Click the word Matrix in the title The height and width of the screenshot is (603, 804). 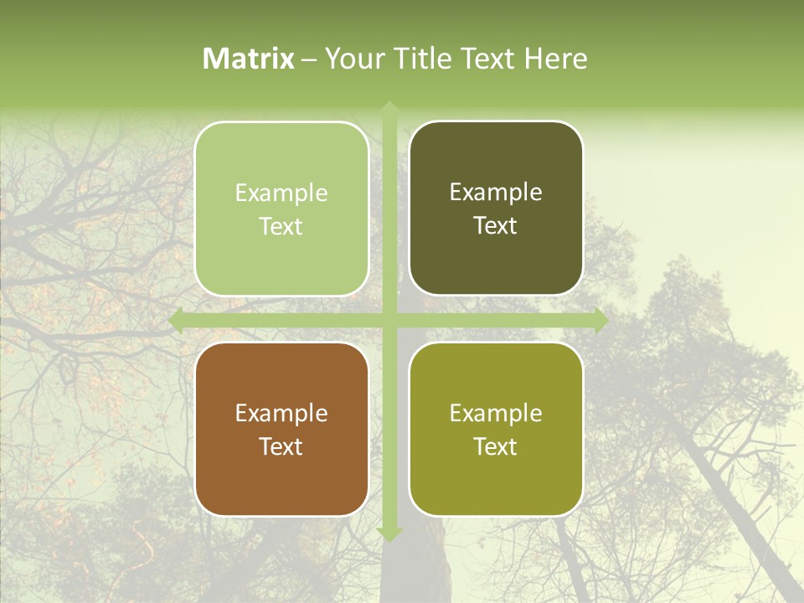249,59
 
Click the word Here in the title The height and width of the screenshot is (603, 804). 556,59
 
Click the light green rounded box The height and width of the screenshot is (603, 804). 281,209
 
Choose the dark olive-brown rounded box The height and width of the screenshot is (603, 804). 496,209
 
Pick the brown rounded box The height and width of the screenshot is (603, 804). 281,429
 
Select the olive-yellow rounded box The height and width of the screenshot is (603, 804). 496,429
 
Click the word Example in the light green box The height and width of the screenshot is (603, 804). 281,193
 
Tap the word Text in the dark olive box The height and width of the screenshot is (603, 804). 496,226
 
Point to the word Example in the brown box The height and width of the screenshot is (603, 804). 281,414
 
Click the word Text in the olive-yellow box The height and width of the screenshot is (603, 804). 496,446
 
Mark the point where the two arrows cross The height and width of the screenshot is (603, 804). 389,321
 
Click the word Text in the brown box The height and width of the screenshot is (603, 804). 281,446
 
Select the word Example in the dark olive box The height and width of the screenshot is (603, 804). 496,193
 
